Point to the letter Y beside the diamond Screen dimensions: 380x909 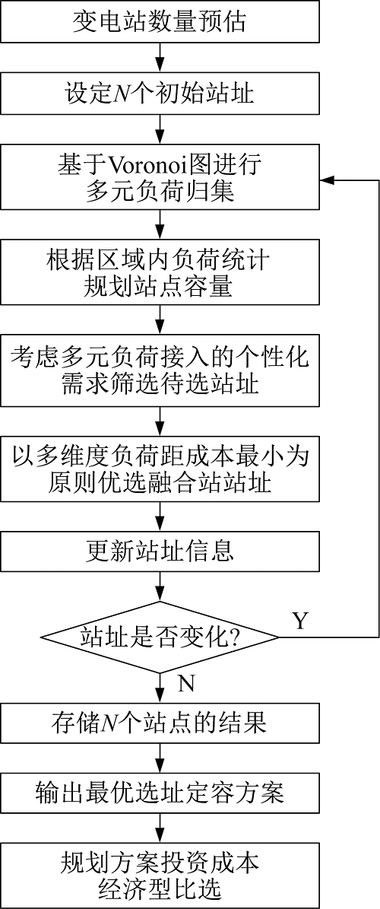pos(299,621)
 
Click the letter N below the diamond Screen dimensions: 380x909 pos(185,684)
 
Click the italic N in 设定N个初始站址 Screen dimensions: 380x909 pos(120,93)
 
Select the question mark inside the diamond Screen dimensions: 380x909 pos(235,637)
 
